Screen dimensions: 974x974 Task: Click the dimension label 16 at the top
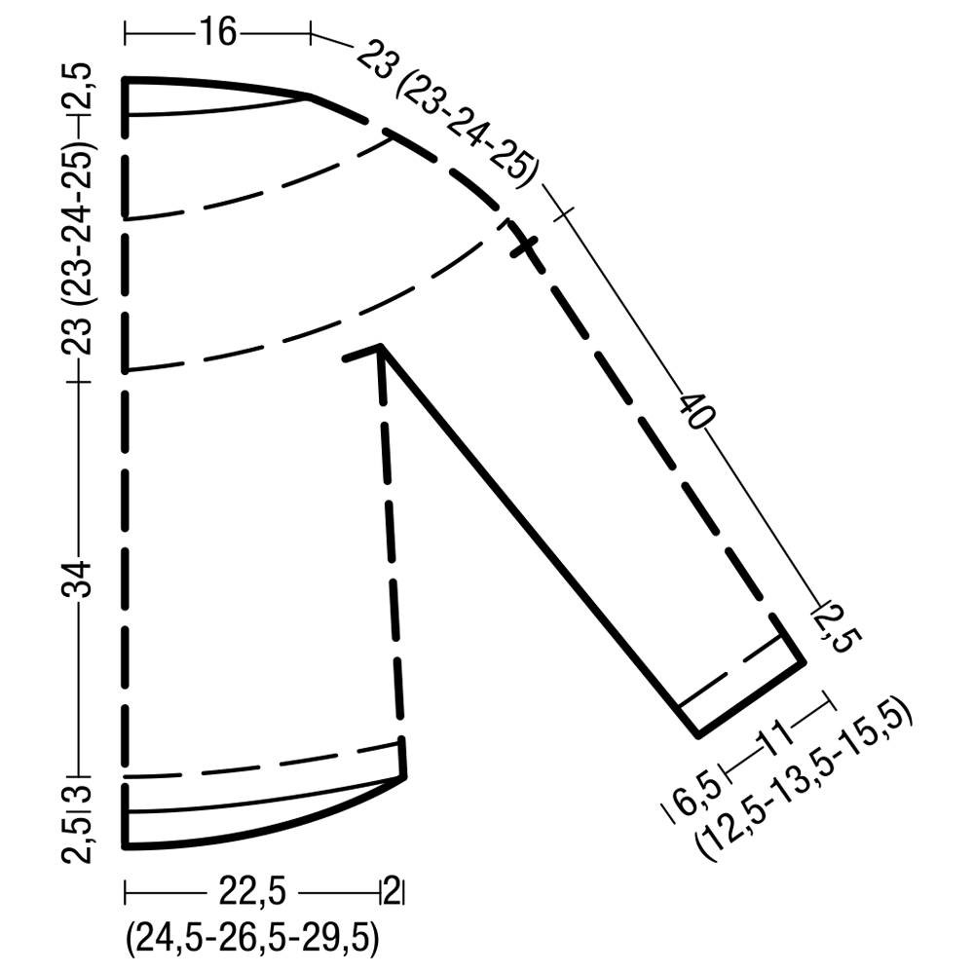(x=217, y=32)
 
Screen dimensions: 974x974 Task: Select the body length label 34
(x=76, y=579)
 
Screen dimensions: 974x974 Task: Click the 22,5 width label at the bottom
(x=252, y=892)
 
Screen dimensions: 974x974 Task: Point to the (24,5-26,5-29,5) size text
(x=252, y=939)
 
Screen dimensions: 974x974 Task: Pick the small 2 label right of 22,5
(x=392, y=891)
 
